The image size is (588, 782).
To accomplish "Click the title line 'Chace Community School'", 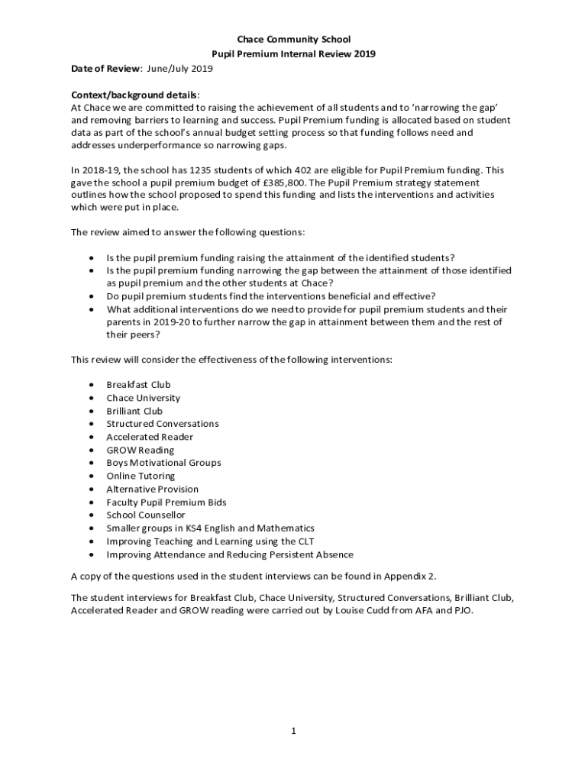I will tap(293, 40).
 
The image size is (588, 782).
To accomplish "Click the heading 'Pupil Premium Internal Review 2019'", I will tap(293, 54).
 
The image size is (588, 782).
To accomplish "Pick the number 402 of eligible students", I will tap(298, 170).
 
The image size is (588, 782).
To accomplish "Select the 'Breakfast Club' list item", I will tap(138, 385).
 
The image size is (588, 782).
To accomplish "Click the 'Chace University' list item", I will tap(143, 398).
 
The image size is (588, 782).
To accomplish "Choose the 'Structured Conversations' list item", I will tap(162, 424).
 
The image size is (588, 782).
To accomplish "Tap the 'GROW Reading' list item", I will tap(140, 451).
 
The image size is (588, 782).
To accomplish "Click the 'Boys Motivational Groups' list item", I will tap(163, 463).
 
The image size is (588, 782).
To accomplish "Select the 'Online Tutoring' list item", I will tap(141, 477).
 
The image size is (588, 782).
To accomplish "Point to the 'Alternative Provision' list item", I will tap(152, 490).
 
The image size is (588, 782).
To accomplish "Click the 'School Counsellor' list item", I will tap(145, 515).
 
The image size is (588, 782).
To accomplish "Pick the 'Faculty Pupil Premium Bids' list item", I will tap(166, 502).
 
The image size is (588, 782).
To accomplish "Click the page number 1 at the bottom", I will tap(292, 731).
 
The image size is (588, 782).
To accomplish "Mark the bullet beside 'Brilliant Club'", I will tap(92, 412).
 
